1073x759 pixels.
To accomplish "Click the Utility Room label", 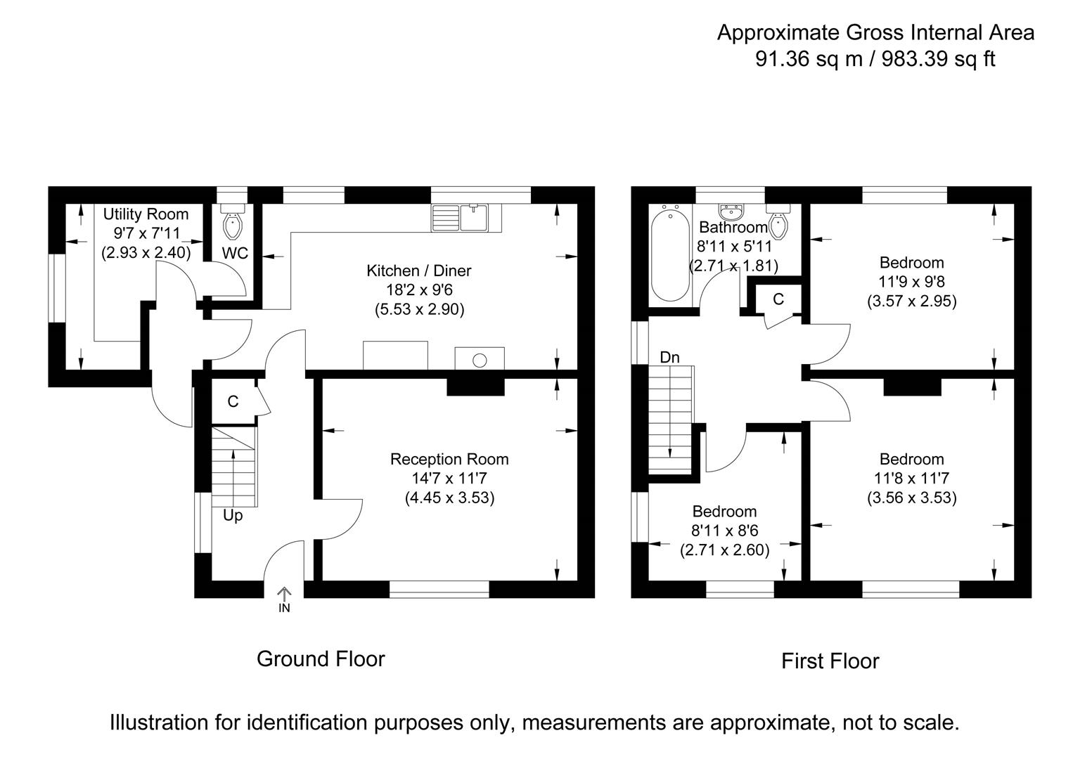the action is (x=146, y=214).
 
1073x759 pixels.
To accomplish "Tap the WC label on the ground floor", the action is (x=235, y=253).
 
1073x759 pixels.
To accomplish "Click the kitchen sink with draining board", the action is (x=460, y=218).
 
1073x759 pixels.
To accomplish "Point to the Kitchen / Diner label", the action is (x=418, y=271).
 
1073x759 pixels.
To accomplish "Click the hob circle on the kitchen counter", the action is (x=480, y=360).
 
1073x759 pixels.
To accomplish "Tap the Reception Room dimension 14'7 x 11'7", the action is (x=449, y=478).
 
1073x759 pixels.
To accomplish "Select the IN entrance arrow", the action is (x=284, y=599).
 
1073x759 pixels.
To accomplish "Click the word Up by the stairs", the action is (x=233, y=516).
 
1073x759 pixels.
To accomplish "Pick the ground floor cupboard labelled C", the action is (x=233, y=401).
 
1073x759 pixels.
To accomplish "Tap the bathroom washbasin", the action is (x=731, y=211).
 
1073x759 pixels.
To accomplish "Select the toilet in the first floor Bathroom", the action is (x=778, y=221).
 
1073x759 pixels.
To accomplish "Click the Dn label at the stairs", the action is (x=669, y=357).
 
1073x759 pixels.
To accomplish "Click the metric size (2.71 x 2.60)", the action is (x=724, y=550).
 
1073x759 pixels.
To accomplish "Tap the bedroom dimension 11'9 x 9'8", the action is (x=911, y=282).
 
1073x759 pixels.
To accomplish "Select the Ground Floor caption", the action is (x=321, y=659).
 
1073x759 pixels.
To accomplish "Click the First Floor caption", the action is (x=830, y=661).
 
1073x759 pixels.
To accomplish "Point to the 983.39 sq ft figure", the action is (x=939, y=59).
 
